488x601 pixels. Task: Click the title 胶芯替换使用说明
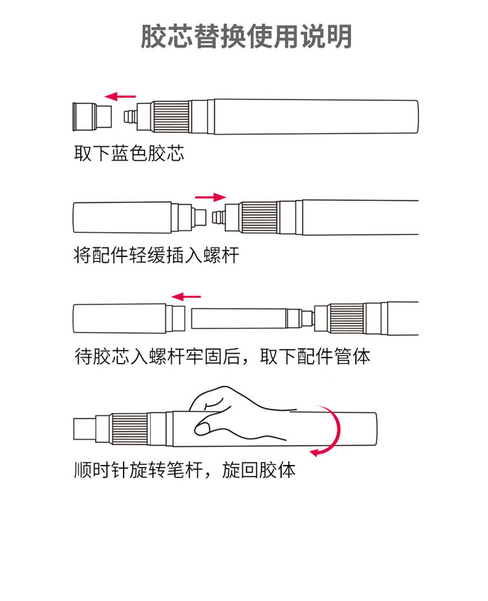click(x=246, y=36)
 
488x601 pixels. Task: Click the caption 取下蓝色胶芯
click(x=129, y=154)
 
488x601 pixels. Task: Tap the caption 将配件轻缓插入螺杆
click(x=156, y=255)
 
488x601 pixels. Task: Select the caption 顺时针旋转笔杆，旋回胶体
click(x=185, y=470)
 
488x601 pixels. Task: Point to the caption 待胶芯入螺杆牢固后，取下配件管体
click(x=223, y=356)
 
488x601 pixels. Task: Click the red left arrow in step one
click(x=120, y=96)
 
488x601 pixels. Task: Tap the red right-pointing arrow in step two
click(x=210, y=197)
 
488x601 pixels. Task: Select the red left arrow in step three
click(x=186, y=297)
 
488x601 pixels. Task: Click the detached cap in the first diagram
click(x=92, y=116)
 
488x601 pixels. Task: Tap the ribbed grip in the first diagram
click(x=171, y=116)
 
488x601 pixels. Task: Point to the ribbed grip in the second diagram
click(x=259, y=217)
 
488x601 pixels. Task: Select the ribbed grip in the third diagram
click(x=347, y=319)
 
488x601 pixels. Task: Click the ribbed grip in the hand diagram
click(x=129, y=429)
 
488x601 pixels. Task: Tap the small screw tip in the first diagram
click(x=130, y=116)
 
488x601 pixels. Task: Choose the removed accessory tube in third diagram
click(x=129, y=319)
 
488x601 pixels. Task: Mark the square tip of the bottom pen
click(x=84, y=429)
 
